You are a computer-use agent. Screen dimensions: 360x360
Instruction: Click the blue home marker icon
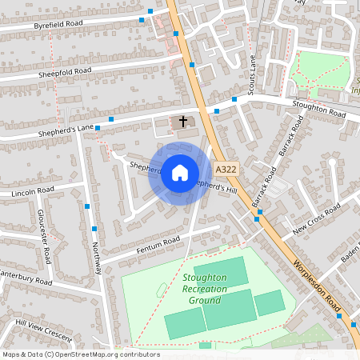point(179,172)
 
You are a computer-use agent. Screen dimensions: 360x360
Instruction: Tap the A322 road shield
point(225,169)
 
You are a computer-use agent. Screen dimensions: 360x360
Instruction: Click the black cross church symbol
point(183,122)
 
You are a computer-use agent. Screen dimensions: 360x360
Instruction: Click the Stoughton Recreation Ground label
point(205,289)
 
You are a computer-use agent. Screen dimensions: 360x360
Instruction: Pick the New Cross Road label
point(316,218)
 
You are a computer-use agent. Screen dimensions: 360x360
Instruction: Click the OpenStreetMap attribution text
point(81,354)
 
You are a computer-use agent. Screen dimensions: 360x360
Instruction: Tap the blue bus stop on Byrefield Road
point(142,20)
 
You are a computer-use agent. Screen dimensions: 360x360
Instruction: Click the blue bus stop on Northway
point(85,207)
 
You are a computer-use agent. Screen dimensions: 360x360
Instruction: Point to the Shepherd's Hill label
point(216,186)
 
